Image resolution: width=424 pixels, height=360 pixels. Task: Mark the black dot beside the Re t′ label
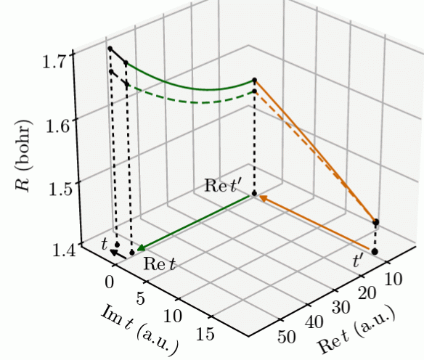click(254, 194)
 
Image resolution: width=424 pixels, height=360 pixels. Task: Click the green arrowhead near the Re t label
click(140, 249)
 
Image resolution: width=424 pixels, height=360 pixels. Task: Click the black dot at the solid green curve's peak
click(255, 80)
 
